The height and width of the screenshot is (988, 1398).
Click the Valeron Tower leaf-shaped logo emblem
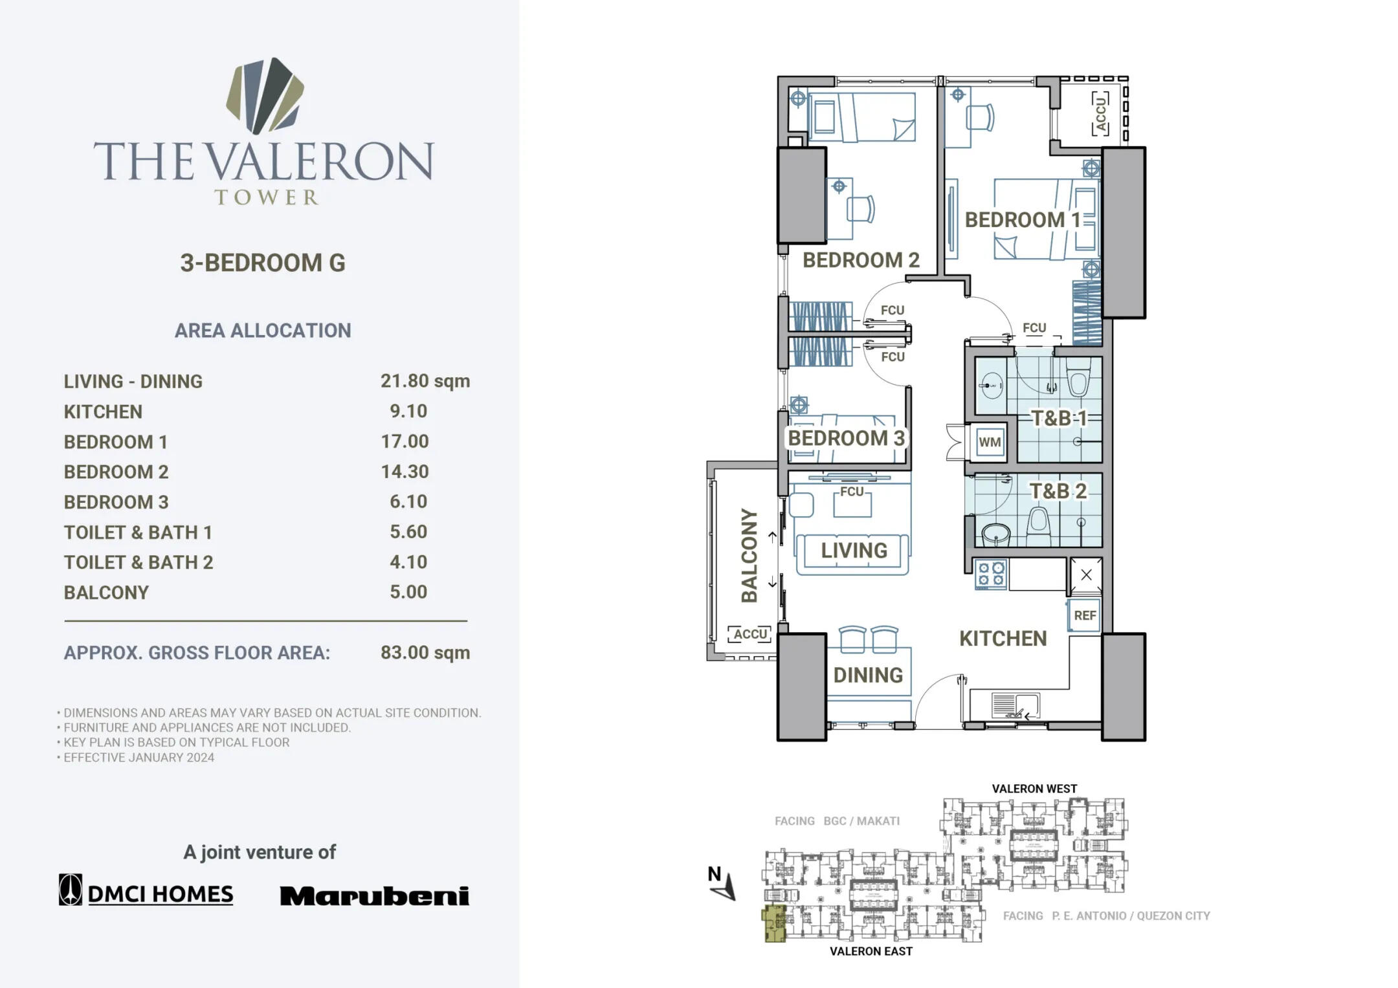(x=265, y=96)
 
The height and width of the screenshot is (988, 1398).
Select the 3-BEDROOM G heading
(x=263, y=263)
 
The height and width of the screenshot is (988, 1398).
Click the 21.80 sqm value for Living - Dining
(x=425, y=380)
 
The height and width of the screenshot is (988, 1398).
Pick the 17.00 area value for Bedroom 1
(x=405, y=441)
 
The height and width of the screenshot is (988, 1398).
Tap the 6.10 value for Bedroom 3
(x=408, y=501)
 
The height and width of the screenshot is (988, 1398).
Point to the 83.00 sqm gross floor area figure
(x=425, y=652)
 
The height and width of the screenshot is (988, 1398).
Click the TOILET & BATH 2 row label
(x=138, y=562)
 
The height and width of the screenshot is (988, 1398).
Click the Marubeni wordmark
(x=374, y=895)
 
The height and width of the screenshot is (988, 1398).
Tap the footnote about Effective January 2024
(x=139, y=757)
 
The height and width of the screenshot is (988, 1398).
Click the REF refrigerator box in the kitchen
(x=1085, y=615)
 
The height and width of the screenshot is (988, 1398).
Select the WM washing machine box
(x=990, y=443)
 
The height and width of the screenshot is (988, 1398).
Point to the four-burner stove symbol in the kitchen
(x=991, y=575)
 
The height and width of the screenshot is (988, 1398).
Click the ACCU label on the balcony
(x=749, y=634)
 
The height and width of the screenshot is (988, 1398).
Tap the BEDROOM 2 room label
(x=860, y=260)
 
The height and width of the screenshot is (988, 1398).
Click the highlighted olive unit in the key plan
(x=775, y=923)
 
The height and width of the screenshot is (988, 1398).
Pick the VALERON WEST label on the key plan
(x=1034, y=789)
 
